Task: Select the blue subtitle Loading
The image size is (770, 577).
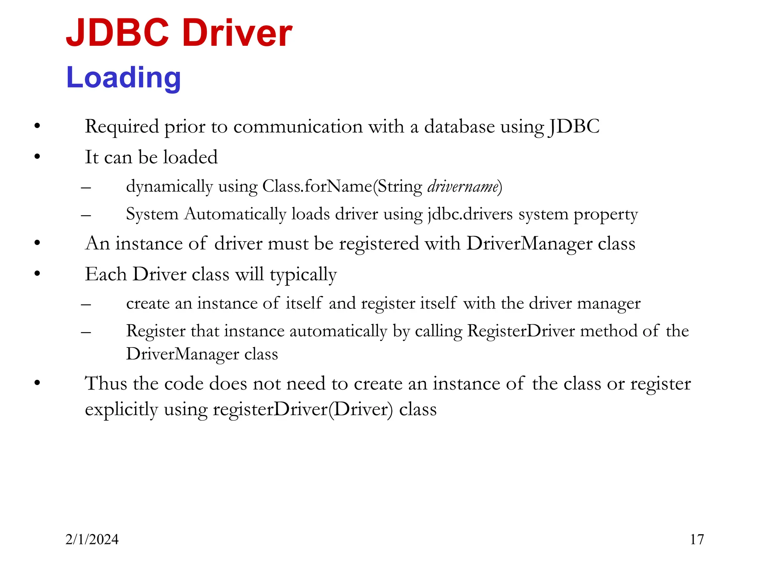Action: pyautogui.click(x=123, y=77)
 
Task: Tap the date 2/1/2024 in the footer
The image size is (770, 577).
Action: pyautogui.click(x=92, y=539)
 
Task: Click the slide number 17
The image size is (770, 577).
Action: pyautogui.click(x=697, y=539)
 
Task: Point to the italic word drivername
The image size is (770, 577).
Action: pyautogui.click(x=463, y=186)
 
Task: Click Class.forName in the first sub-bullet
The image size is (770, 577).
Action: pyautogui.click(x=317, y=186)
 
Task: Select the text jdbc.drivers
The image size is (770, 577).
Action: pyautogui.click(x=470, y=214)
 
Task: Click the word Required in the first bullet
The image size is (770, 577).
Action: pyautogui.click(x=121, y=127)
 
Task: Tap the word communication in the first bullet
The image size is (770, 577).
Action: pyautogui.click(x=298, y=127)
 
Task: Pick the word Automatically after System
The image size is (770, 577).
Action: pyautogui.click(x=235, y=214)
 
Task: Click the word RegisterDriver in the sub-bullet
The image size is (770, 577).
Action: pyautogui.click(x=521, y=331)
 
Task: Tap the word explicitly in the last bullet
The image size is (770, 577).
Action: pyautogui.click(x=121, y=409)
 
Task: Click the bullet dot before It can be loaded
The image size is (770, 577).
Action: pyautogui.click(x=37, y=157)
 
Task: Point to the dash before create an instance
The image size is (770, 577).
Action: pyautogui.click(x=86, y=304)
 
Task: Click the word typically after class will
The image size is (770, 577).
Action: pyautogui.click(x=303, y=275)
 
